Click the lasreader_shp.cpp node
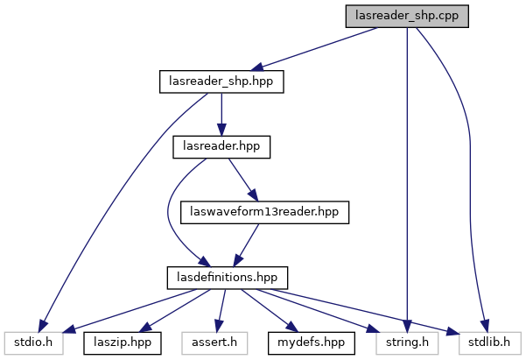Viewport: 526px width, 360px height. click(x=407, y=17)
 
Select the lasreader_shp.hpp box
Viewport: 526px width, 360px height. click(x=222, y=81)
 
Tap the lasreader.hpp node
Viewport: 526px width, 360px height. click(x=221, y=146)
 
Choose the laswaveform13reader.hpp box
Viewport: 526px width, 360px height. click(x=264, y=211)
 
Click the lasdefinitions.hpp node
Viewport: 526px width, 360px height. click(x=221, y=276)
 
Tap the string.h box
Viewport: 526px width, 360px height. click(x=405, y=341)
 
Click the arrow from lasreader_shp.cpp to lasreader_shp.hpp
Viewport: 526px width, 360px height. click(x=315, y=49)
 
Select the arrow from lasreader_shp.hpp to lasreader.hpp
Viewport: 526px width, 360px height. click(x=221, y=114)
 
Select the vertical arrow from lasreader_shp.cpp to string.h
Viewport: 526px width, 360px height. click(x=407, y=175)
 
